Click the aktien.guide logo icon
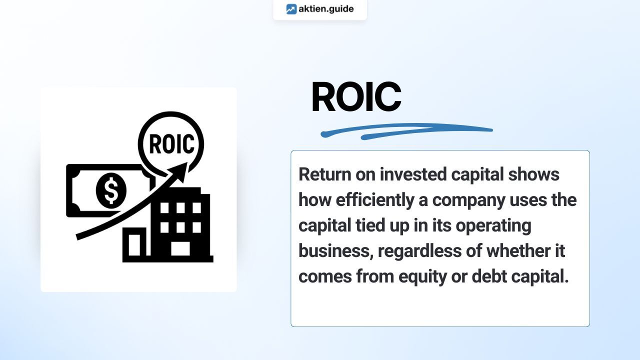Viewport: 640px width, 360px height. tap(291, 9)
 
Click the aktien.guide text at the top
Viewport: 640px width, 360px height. tap(326, 9)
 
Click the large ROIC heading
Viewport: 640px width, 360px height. tap(356, 96)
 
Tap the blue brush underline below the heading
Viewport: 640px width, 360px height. tap(406, 131)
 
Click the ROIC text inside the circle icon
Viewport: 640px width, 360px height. tap(171, 144)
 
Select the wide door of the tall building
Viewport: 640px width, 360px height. tap(180, 248)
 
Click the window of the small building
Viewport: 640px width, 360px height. tap(134, 245)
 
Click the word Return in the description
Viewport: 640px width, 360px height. tap(325, 174)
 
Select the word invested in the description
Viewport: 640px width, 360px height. tap(413, 174)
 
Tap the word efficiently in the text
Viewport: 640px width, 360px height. tap(375, 200)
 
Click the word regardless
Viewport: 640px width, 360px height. tap(419, 251)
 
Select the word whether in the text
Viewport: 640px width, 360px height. tap(518, 251)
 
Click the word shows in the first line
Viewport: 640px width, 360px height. tap(533, 174)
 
